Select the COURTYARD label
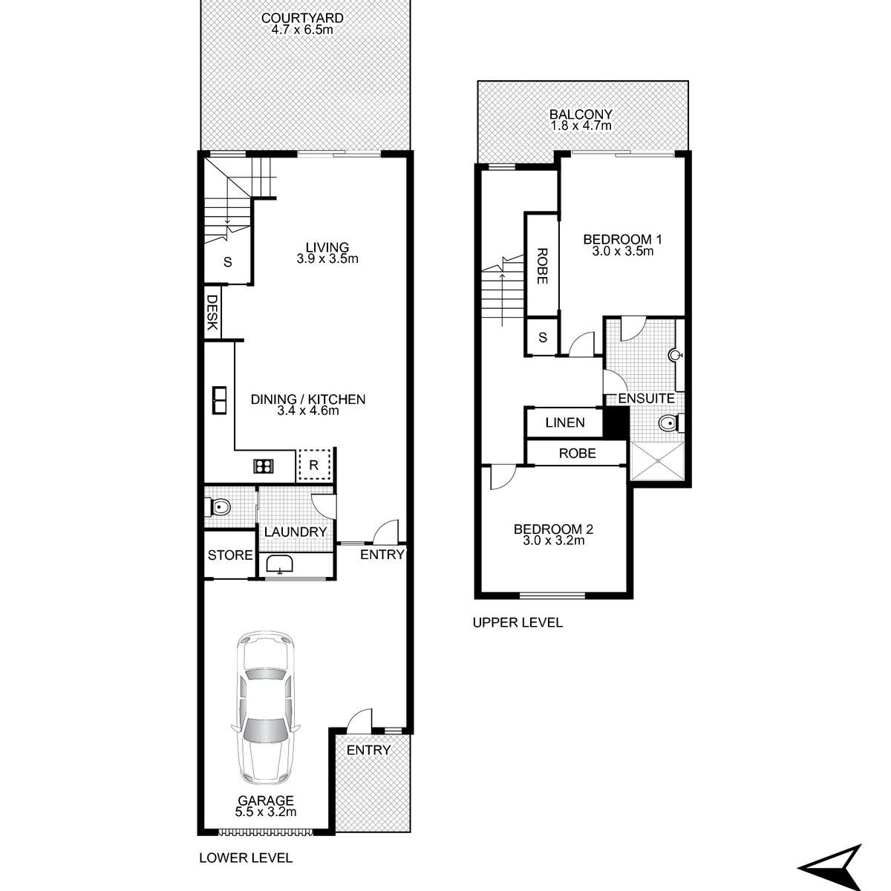click(302, 18)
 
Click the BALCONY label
click(581, 114)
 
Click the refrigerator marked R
click(314, 465)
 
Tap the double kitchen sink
click(219, 400)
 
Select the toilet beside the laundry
click(218, 507)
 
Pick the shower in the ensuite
click(657, 460)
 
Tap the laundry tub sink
click(279, 564)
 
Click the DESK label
click(212, 313)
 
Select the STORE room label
click(230, 555)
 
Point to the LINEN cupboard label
click(565, 422)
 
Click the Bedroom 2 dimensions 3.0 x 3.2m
click(554, 540)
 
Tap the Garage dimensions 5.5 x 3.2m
click(266, 812)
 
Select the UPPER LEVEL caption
click(518, 622)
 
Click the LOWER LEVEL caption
click(246, 858)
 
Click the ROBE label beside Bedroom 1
click(542, 267)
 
